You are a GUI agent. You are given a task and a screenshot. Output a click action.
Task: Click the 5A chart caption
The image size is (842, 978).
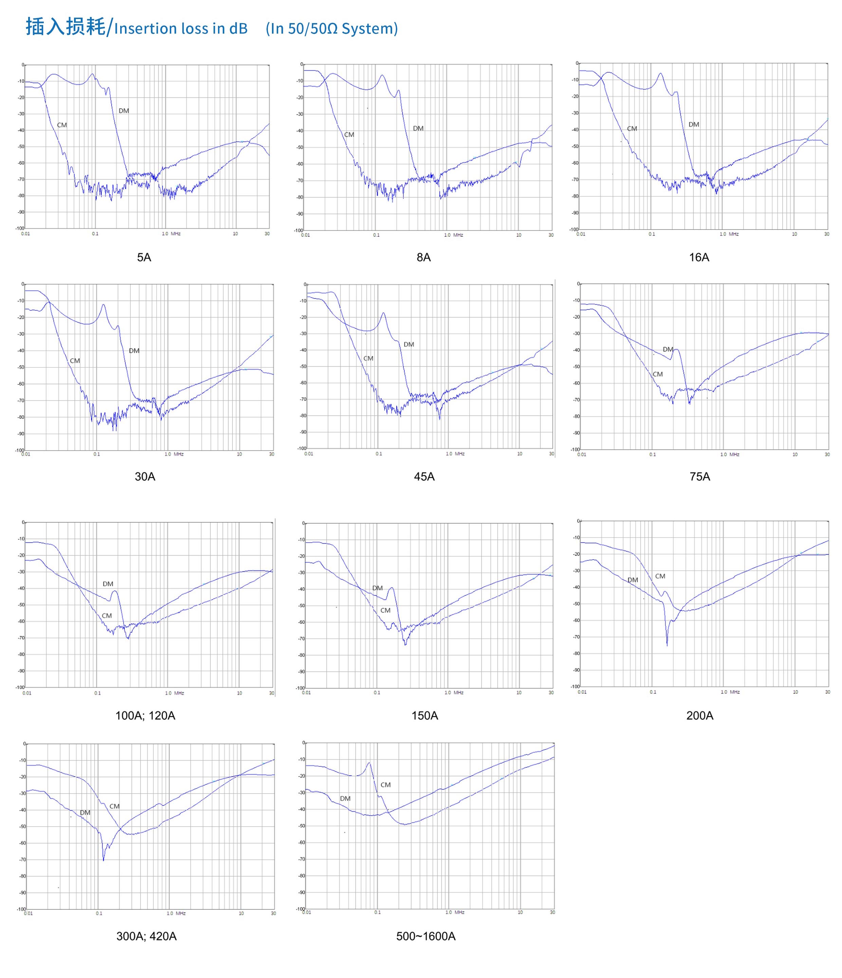(144, 257)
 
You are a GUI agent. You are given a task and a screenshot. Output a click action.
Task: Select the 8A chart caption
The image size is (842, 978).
(423, 257)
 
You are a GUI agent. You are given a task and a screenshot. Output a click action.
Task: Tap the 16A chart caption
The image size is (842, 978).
(699, 257)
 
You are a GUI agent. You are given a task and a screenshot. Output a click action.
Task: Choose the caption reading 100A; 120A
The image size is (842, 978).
(145, 716)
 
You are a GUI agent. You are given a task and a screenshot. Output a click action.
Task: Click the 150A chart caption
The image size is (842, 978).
(424, 716)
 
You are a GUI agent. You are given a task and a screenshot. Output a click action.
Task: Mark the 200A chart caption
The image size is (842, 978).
(699, 716)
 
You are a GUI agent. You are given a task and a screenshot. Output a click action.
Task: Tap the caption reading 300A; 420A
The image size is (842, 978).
(146, 936)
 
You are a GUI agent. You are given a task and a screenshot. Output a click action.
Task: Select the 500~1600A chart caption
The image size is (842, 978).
(426, 936)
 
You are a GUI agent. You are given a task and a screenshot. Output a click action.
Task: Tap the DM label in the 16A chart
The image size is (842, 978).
(693, 125)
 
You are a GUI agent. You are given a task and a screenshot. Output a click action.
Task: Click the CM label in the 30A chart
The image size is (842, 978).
(75, 361)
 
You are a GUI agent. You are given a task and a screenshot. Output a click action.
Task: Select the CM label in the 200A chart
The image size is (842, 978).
(660, 576)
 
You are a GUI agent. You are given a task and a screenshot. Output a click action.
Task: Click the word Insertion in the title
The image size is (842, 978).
(145, 29)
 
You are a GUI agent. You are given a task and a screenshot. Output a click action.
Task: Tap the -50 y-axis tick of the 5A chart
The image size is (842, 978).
(21, 147)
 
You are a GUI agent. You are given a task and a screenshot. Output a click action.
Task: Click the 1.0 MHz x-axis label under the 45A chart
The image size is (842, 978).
(455, 454)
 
